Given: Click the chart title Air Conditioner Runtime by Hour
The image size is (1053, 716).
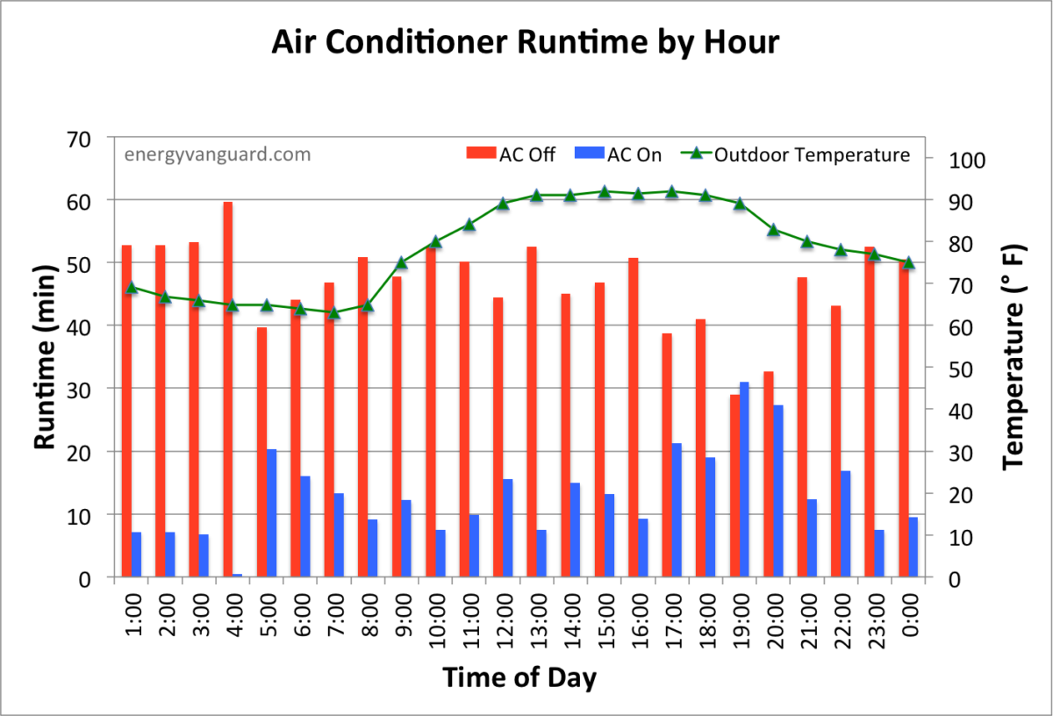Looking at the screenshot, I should click(x=525, y=41).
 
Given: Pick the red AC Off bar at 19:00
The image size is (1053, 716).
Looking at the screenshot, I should click(x=734, y=485).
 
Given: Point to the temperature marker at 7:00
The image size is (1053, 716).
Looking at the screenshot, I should click(x=333, y=311).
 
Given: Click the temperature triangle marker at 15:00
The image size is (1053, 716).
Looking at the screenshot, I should click(x=604, y=191).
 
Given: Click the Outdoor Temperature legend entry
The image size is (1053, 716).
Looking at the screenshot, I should click(x=798, y=155).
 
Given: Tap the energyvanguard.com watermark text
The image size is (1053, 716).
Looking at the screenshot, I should click(x=218, y=154).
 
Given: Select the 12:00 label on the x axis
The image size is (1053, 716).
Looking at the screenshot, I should click(x=504, y=622).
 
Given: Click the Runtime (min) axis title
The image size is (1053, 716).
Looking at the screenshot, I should click(x=45, y=356).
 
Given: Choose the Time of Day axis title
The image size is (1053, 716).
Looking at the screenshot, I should click(x=519, y=678).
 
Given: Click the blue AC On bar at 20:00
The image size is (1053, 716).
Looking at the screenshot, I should click(x=778, y=490).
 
